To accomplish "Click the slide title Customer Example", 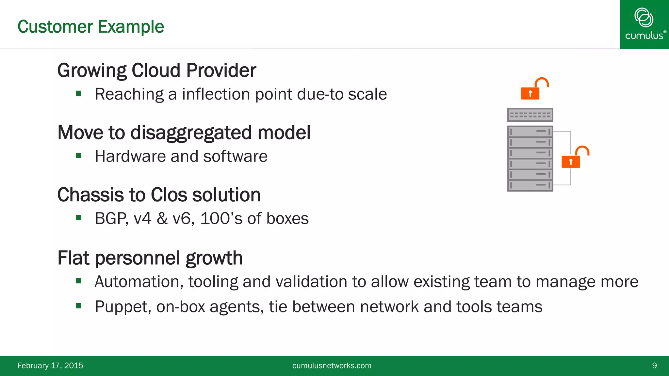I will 90,27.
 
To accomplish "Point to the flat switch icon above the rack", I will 530,115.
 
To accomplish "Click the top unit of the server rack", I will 530,132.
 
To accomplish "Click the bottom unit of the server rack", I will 530,185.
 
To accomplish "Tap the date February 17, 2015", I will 50,366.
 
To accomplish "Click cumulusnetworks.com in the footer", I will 332,366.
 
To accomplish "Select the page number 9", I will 654,366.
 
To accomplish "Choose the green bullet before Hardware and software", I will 78,155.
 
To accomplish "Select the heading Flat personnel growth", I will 150,258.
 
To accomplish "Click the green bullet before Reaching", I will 78,93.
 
